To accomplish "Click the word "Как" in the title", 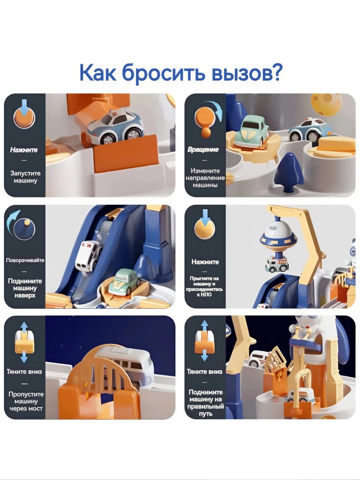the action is click(x=97, y=72).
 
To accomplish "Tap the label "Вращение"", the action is click(x=203, y=149).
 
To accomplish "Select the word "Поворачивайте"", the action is click(x=25, y=260).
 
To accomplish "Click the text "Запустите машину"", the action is click(x=25, y=177).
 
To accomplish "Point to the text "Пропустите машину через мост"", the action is click(x=26, y=401).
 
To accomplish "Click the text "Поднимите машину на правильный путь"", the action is click(x=206, y=403).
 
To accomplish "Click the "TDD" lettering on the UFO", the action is click(x=272, y=228).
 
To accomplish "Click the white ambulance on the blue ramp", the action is click(x=89, y=255).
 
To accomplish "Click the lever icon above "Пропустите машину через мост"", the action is click(x=24, y=341).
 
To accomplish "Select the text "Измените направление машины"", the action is click(x=205, y=178).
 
